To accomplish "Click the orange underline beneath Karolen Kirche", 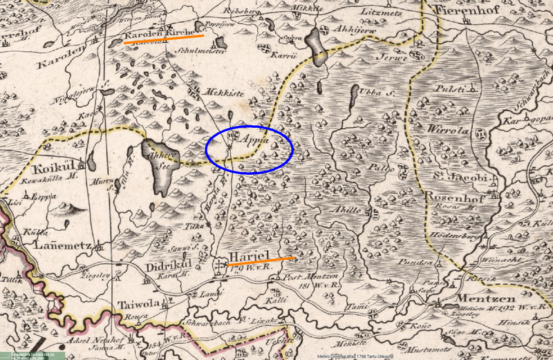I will tap(164, 39).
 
